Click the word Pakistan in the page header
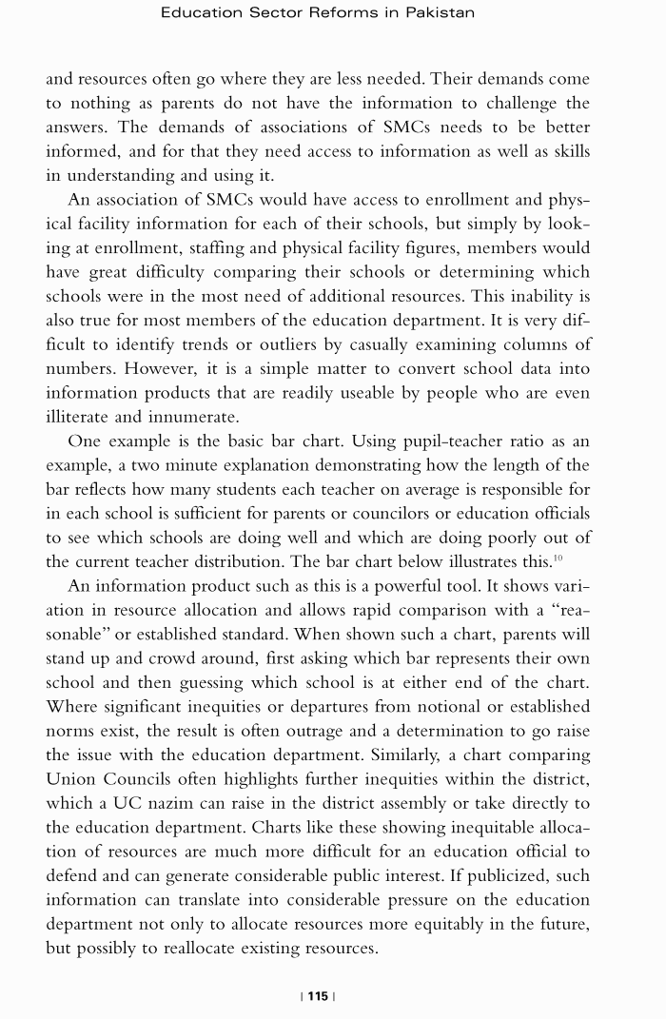(439, 13)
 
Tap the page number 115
(318, 996)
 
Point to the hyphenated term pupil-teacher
(452, 441)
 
